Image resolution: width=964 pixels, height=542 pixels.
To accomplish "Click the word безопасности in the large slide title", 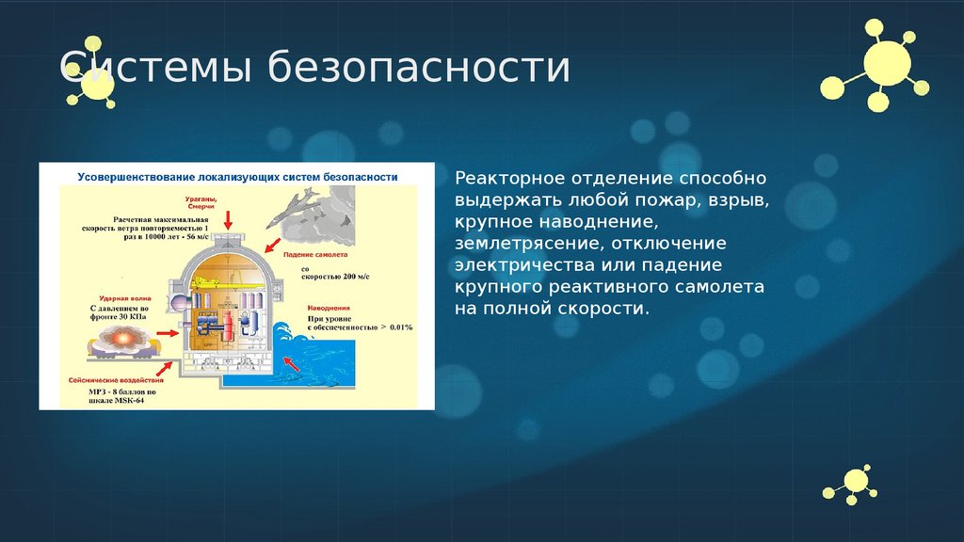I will tap(419, 70).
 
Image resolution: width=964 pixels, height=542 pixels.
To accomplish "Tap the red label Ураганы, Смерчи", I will tap(201, 202).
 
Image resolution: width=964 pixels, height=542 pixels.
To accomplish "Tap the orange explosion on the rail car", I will tap(122, 336).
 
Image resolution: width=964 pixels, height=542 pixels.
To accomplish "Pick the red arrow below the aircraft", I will tap(273, 247).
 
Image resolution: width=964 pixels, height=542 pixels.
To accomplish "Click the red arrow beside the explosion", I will tap(167, 333).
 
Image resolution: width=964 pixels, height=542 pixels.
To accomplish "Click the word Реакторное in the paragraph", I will tap(500, 178).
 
